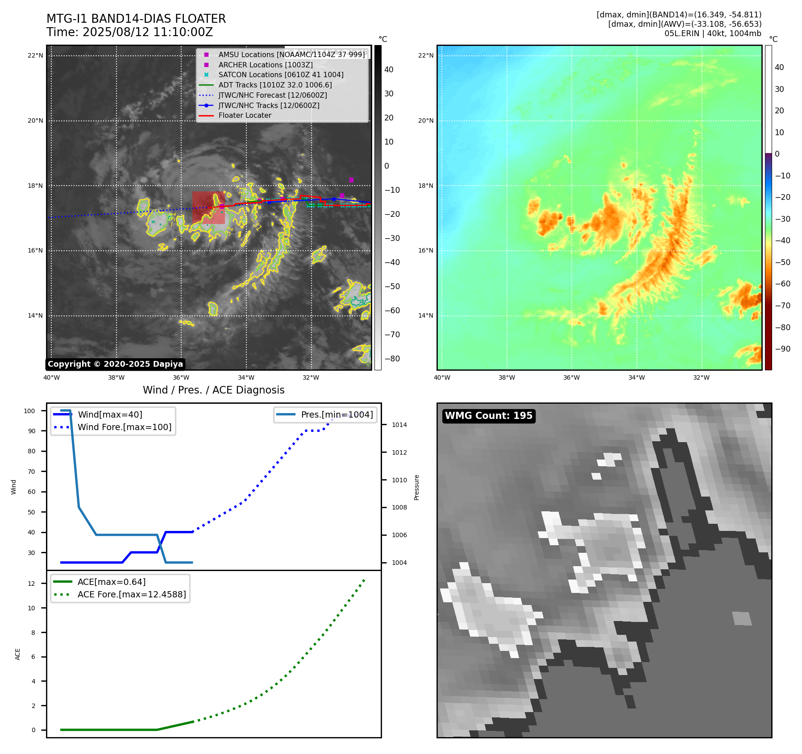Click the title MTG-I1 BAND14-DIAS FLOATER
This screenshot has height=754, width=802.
click(x=136, y=19)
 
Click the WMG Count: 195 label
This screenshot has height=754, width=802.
click(x=489, y=416)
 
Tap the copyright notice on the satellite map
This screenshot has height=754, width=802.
click(x=115, y=364)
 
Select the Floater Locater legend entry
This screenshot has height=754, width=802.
click(x=245, y=116)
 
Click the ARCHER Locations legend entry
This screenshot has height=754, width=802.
click(x=265, y=65)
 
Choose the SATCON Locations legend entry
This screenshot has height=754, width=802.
click(x=281, y=75)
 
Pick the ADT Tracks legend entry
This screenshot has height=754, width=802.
click(x=275, y=85)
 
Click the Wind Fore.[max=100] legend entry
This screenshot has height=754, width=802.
click(x=124, y=427)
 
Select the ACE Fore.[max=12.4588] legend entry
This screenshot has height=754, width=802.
click(x=132, y=594)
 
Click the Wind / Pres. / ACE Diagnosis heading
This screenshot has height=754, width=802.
click(x=213, y=390)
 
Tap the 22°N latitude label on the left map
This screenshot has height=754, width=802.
click(x=35, y=56)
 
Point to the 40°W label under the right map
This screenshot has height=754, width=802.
click(x=442, y=377)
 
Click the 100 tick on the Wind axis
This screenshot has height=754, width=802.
click(x=29, y=411)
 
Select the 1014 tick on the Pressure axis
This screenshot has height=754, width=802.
click(x=399, y=425)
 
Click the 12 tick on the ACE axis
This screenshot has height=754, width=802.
click(x=31, y=584)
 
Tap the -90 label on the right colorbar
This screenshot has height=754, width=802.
click(x=782, y=349)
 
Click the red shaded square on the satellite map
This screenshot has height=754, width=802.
click(x=208, y=208)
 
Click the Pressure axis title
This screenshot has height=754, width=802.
click(x=416, y=487)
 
